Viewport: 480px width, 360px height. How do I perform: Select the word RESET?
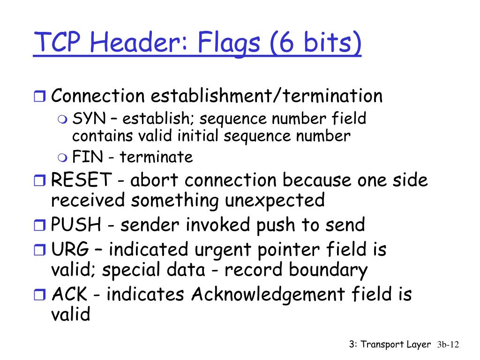[x=81, y=180]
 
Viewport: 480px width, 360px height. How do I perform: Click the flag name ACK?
[x=69, y=294]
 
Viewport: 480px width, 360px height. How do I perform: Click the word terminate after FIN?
[x=156, y=157]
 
